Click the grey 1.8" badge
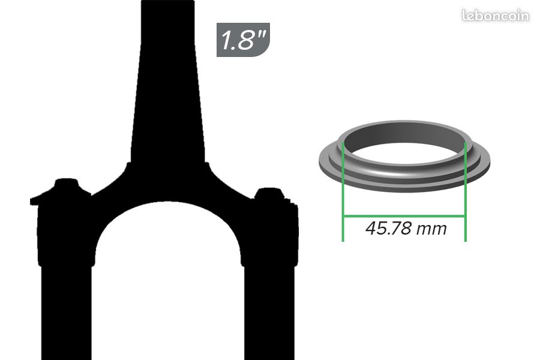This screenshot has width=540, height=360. click(243, 40)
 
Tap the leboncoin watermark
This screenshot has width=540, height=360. click(496, 16)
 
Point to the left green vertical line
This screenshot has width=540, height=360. click(343, 192)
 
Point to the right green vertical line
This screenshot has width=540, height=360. click(466, 192)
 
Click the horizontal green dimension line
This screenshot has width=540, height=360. click(404, 217)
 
